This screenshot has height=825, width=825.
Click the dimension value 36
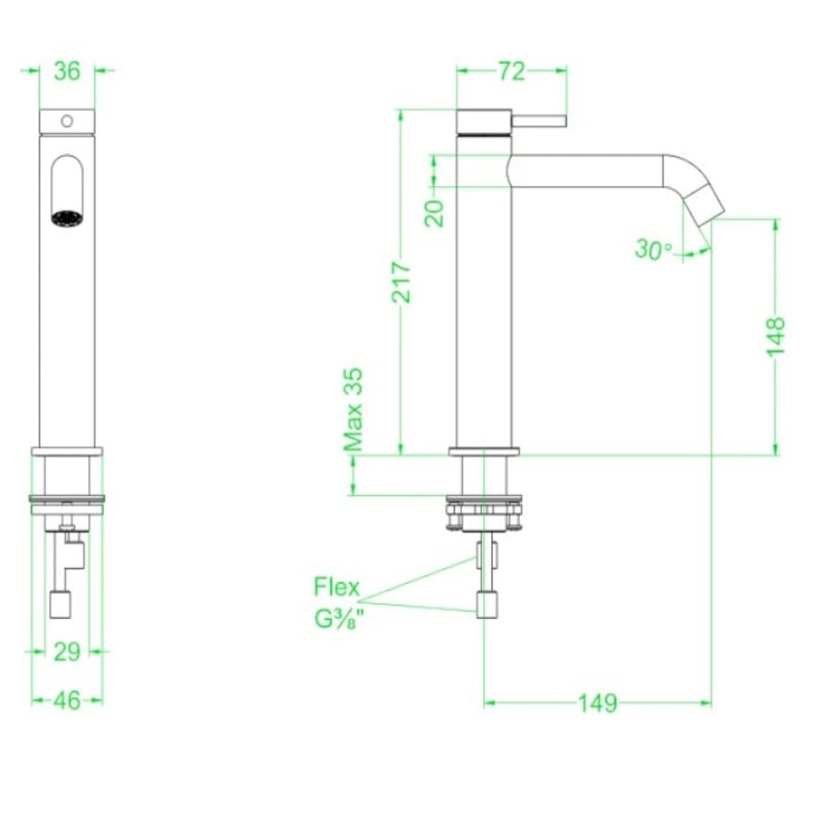[x=67, y=71]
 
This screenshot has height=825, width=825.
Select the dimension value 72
[x=511, y=71]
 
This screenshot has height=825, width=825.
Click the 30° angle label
[x=654, y=248]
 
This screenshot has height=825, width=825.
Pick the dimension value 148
[x=775, y=335]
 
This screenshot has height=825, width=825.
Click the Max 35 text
[x=354, y=409]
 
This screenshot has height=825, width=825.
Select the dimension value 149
[x=597, y=703]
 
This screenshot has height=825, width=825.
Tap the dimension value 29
[x=67, y=651]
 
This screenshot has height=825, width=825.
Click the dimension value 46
[x=67, y=699]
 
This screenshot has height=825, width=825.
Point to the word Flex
[x=336, y=587]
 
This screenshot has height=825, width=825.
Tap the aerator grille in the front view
[x=66, y=219]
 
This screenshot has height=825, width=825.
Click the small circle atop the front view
[x=67, y=120]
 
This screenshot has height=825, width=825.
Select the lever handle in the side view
[x=540, y=121]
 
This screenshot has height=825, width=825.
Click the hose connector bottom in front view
[x=60, y=603]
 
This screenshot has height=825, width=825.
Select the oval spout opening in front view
[x=66, y=188]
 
